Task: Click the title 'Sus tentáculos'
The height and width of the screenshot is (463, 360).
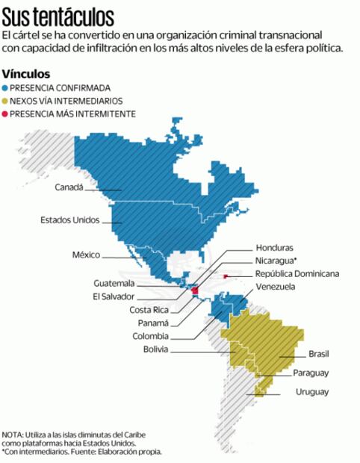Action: click(58, 16)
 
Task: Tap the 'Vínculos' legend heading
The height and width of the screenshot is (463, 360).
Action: click(26, 74)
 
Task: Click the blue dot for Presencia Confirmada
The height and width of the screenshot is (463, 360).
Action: click(5, 87)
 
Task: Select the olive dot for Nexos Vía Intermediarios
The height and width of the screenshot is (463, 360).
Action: click(5, 100)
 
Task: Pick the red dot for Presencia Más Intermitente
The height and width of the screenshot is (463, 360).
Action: click(5, 114)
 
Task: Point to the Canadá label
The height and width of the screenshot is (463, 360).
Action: click(69, 187)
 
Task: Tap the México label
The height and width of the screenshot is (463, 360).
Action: click(86, 255)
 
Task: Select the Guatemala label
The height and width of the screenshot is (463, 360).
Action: click(114, 283)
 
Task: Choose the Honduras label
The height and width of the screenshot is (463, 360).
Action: click(274, 247)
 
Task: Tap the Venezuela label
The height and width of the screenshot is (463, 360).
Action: click(275, 287)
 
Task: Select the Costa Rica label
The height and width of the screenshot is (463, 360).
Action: click(149, 310)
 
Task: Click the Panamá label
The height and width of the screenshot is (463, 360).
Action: click(153, 323)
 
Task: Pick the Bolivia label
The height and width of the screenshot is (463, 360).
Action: click(155, 349)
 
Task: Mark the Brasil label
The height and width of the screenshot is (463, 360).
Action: click(318, 354)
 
